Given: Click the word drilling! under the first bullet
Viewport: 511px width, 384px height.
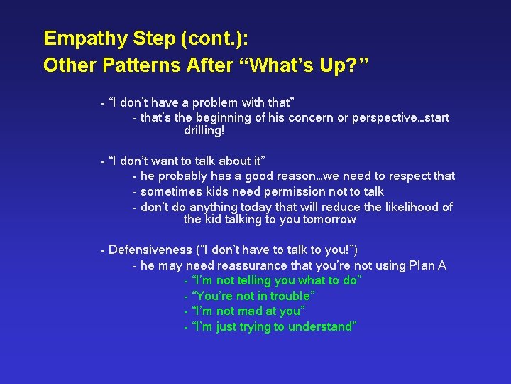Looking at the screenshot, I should tap(204, 131).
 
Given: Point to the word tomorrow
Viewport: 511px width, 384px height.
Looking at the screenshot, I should tap(329, 219).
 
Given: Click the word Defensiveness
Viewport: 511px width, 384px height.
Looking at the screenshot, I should tap(150, 250).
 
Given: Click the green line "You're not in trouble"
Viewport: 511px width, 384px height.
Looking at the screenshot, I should tap(253, 296).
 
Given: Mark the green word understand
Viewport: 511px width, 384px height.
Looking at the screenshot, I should tap(322, 327).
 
